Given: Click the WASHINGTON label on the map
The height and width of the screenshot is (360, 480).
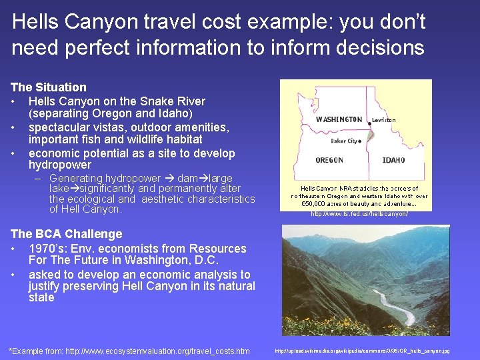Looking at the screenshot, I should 339,120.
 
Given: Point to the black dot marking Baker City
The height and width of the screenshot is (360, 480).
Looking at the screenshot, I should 361,141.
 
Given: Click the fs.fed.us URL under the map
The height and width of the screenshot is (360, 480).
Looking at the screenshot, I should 359,214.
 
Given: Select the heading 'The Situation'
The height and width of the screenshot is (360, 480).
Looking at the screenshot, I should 48,87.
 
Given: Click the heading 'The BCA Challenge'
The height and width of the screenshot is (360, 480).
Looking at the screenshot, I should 66,234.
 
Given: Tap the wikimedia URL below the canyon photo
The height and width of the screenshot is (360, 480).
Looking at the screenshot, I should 362,351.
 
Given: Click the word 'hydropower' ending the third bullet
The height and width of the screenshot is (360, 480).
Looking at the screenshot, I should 59,165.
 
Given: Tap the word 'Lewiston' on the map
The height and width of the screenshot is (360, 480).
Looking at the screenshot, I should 385,120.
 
